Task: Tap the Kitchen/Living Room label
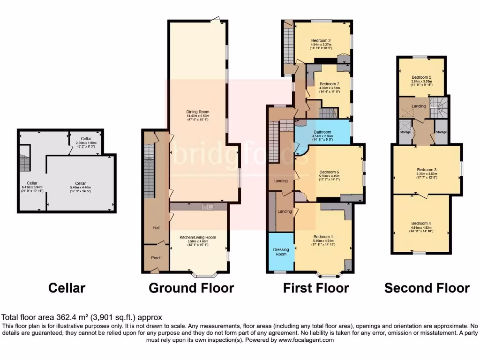[198, 237]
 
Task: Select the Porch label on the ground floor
[156, 258]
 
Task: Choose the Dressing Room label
[281, 252]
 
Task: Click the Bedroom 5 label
[421, 77]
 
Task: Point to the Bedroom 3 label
[427, 170]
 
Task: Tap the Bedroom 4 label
[420, 223]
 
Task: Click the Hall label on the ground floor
[156, 228]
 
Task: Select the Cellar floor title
[67, 287]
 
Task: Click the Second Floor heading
[427, 287]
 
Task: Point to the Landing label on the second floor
[419, 106]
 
